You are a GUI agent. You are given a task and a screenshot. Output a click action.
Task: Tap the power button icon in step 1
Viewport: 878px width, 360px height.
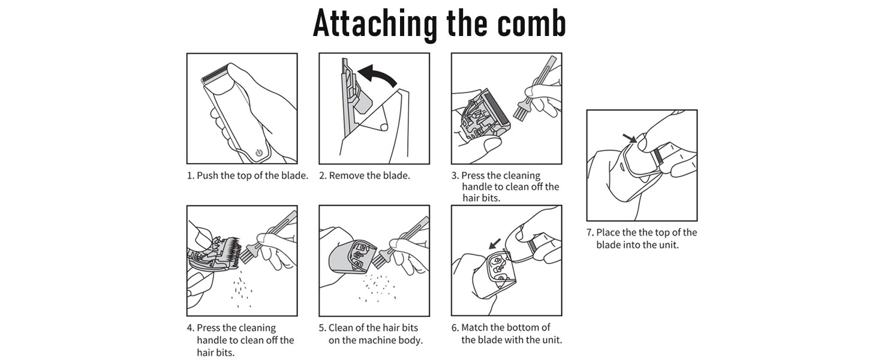point(259,152)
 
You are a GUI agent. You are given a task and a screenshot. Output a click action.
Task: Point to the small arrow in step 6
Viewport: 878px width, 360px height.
point(495,244)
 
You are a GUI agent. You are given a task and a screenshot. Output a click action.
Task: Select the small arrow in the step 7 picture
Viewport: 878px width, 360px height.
point(630,138)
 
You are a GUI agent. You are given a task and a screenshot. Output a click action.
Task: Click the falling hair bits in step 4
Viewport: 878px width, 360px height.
point(242,292)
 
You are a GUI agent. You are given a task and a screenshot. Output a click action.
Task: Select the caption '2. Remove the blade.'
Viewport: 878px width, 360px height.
point(364,176)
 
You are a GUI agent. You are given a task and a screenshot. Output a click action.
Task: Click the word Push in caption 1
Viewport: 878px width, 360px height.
point(208,176)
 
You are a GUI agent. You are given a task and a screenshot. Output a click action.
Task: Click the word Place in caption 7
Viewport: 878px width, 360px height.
point(608,233)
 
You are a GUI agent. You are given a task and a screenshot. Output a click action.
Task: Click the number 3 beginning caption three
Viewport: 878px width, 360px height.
point(455,176)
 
